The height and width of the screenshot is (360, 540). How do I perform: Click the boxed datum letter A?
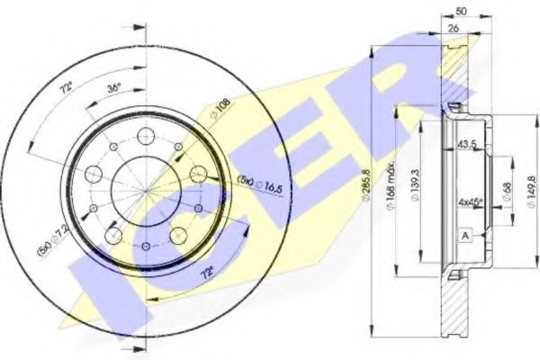coord(464,235)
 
